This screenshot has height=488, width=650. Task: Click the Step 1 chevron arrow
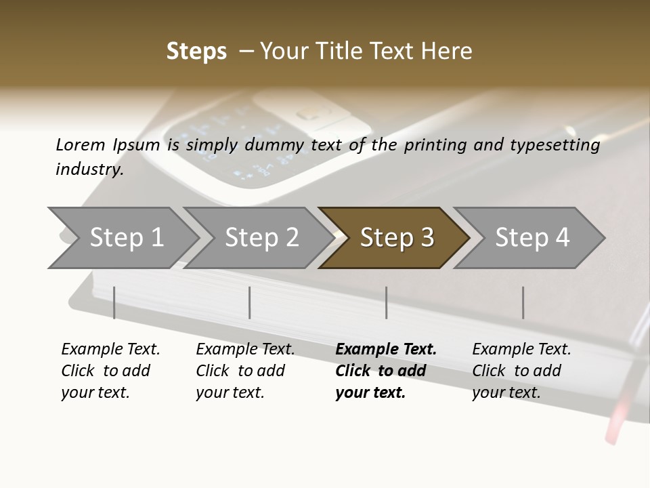(126, 238)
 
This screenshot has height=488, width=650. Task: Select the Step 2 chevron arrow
(261, 238)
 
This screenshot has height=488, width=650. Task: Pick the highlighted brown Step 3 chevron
(396, 238)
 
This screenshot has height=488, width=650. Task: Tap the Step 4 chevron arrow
(532, 238)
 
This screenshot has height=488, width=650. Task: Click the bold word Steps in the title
(196, 52)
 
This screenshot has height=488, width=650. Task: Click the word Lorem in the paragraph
(81, 144)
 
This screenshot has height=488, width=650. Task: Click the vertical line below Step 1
(114, 302)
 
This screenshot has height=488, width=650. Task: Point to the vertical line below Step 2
(250, 302)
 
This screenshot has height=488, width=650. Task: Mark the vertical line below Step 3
(387, 302)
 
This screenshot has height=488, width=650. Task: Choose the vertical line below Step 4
(523, 302)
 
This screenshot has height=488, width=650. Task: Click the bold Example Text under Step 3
(386, 350)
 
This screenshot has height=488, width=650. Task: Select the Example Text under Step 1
(110, 350)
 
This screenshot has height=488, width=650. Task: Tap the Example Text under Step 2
(245, 350)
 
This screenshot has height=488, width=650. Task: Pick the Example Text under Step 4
(521, 350)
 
